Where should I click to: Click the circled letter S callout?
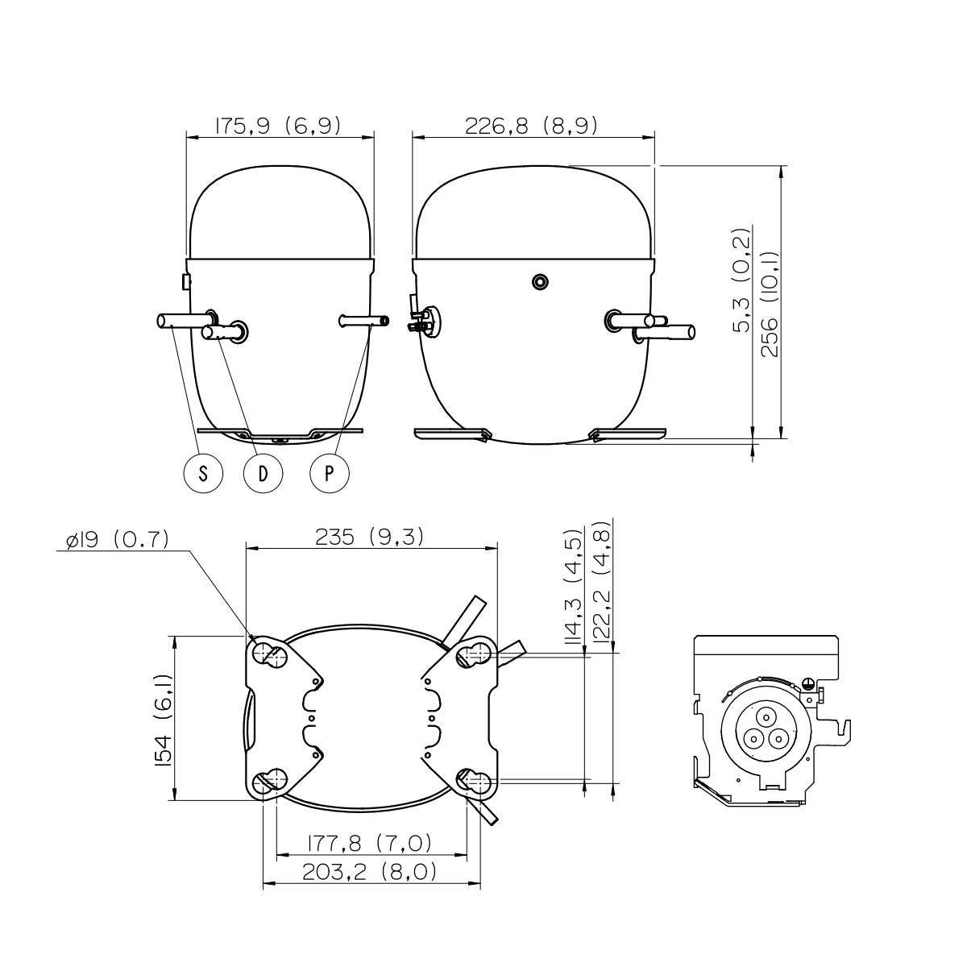(203, 473)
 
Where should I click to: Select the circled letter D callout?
(263, 473)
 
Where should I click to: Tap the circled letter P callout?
(330, 473)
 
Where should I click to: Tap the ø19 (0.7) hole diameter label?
(118, 539)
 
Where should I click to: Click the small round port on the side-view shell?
(541, 282)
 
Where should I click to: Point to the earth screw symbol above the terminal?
(807, 682)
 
